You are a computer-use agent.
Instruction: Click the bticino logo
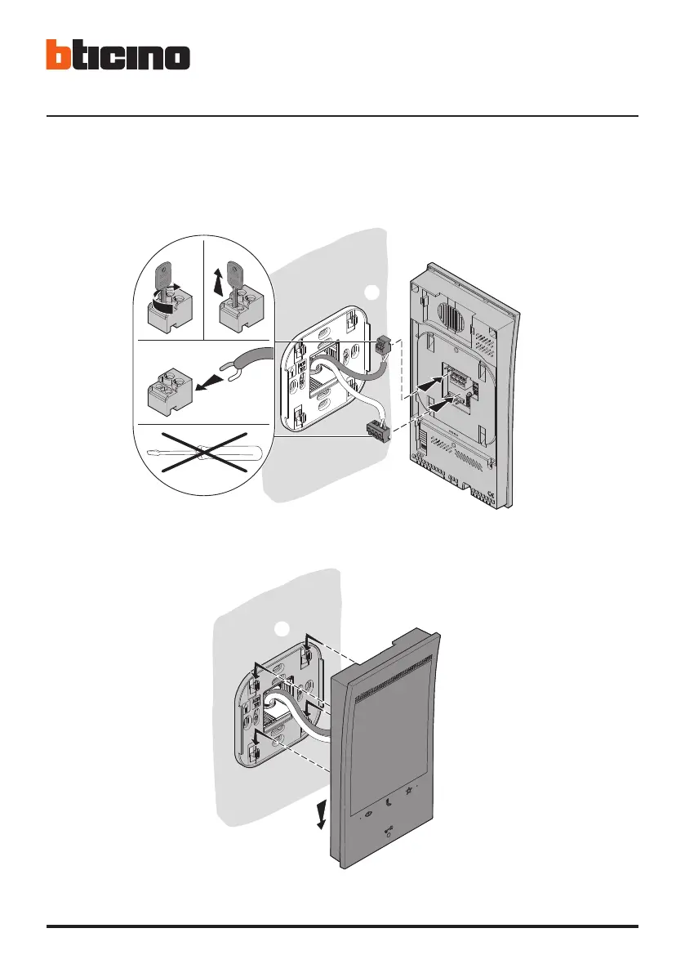(118, 56)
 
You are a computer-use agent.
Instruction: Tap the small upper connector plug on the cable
(384, 349)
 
